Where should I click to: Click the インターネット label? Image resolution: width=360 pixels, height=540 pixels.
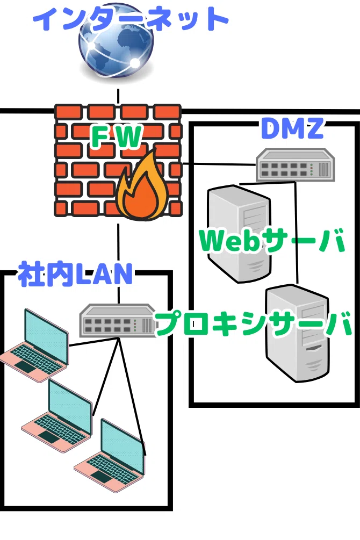tap(131, 19)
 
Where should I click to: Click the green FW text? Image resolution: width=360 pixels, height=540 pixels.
tap(116, 136)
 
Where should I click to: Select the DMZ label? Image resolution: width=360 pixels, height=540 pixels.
tap(292, 128)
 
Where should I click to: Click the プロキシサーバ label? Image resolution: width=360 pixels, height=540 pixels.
tap(254, 323)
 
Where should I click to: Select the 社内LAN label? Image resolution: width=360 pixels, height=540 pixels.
tap(75, 274)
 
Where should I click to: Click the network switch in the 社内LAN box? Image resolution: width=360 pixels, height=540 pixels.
tap(118, 320)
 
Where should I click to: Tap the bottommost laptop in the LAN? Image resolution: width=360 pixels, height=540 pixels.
tap(110, 455)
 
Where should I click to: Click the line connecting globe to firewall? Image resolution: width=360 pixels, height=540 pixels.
tap(118, 96)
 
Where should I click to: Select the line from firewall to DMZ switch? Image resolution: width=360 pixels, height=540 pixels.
tap(219, 164)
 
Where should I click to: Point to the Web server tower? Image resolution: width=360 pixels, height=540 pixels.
tap(239, 234)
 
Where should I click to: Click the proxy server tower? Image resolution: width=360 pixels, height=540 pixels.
tap(297, 333)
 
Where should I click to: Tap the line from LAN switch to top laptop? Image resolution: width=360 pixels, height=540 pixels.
tap(93, 341)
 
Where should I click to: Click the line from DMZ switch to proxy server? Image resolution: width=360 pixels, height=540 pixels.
tap(296, 233)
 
